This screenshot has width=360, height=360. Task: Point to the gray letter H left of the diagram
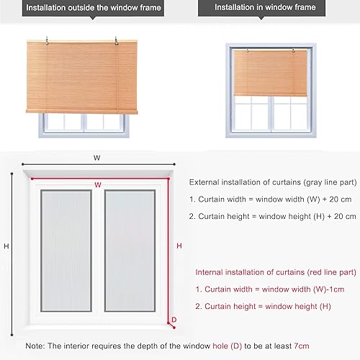[x=6, y=246]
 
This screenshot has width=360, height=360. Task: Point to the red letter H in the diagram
[x=179, y=246]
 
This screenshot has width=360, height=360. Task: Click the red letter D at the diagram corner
[x=174, y=320]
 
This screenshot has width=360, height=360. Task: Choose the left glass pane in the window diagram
[x=65, y=247]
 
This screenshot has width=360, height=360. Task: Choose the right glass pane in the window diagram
[x=130, y=247]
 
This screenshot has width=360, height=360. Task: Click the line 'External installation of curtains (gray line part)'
[x=272, y=183]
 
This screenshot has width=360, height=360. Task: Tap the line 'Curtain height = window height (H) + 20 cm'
[x=272, y=216]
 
